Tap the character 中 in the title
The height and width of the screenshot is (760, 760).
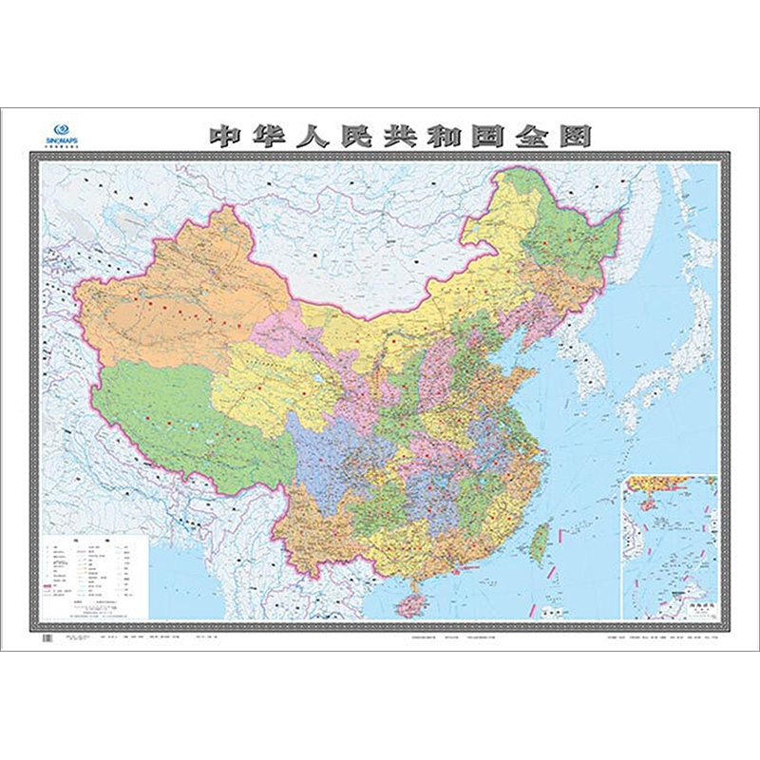coord(227,135)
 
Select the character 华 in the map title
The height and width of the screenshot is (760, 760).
coord(273,135)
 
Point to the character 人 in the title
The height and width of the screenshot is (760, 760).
coord(317,135)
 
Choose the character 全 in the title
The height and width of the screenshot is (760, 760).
coord(529,135)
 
